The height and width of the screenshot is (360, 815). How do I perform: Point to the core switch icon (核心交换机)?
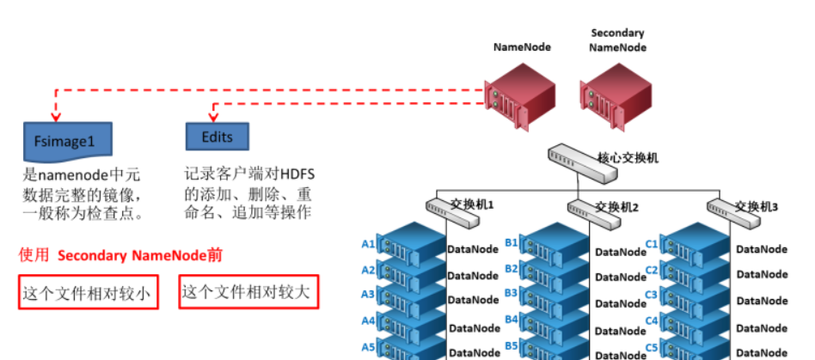click(582, 163)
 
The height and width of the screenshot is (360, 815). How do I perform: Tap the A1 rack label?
click(368, 245)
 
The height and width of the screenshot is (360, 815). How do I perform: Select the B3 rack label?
click(512, 294)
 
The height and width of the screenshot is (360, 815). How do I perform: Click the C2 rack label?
click(651, 270)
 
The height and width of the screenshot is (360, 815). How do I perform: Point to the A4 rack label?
click(368, 321)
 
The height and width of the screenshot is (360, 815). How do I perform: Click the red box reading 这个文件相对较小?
click(87, 295)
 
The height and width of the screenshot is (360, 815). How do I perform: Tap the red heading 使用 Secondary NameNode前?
click(121, 255)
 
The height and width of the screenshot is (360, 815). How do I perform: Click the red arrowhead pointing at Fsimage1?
click(56, 116)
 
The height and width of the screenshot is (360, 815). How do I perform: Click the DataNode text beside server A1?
click(473, 251)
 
